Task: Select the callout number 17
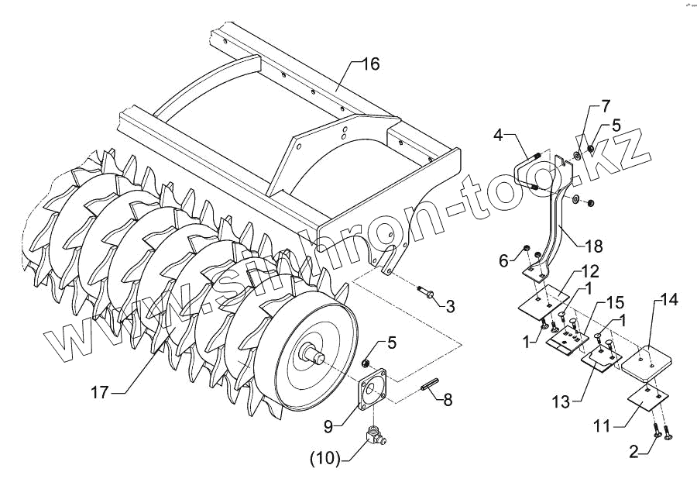pyautogui.click(x=99, y=393)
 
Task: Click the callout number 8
pyautogui.click(x=447, y=400)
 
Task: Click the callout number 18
pyautogui.click(x=594, y=246)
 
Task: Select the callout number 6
pyautogui.click(x=503, y=262)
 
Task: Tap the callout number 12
pyautogui.click(x=590, y=272)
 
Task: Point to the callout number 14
pyautogui.click(x=667, y=299)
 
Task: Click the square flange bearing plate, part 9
pyautogui.click(x=377, y=391)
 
